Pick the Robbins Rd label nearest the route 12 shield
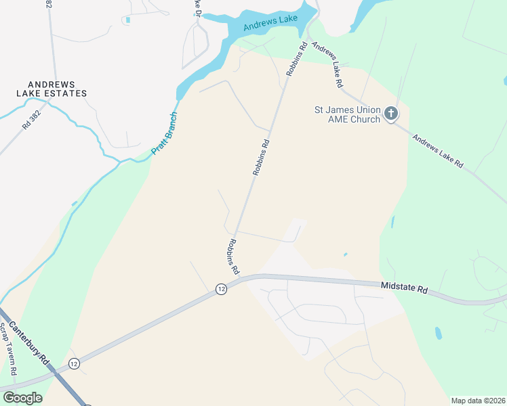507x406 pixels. click(234, 256)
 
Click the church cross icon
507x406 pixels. click(391, 114)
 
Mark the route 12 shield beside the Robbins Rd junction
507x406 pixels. click(221, 289)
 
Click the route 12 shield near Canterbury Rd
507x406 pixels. click(74, 363)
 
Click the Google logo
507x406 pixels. click(22, 398)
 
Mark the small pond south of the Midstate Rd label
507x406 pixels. click(439, 333)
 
